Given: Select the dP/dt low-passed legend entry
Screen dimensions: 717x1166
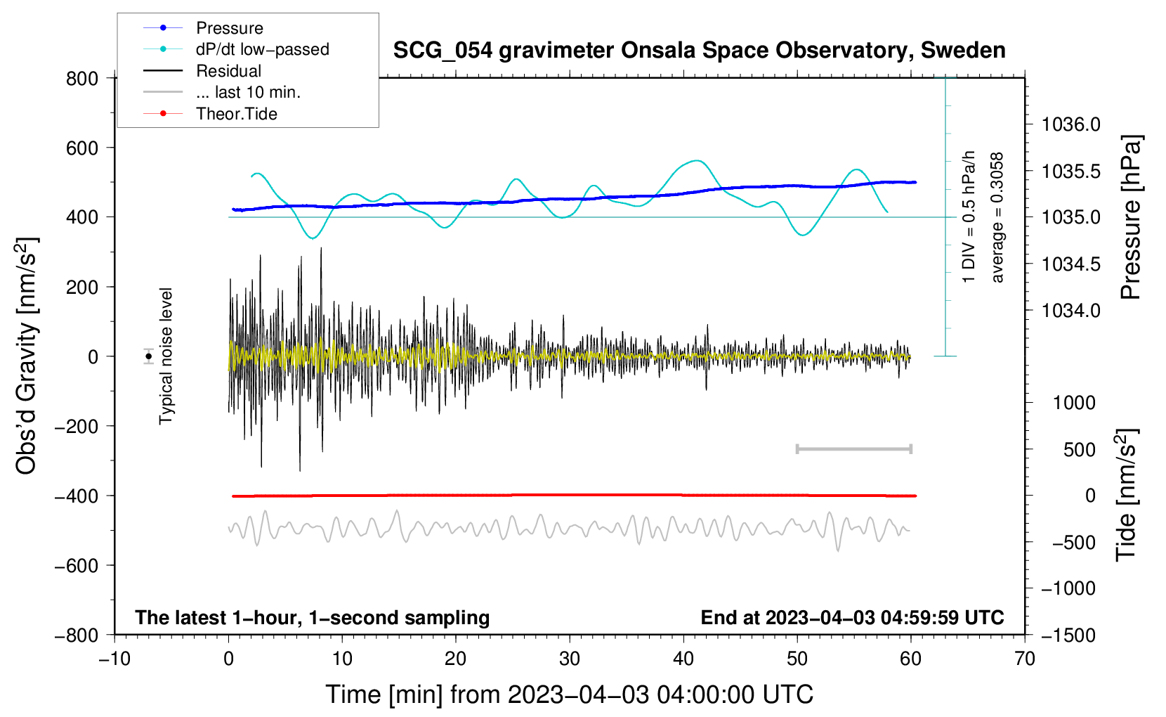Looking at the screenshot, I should (262, 49).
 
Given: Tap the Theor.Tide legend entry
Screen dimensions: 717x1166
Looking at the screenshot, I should (236, 114).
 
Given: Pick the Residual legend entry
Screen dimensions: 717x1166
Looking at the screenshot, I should (228, 71).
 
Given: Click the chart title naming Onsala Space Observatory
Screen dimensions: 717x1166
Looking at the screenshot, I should (699, 51).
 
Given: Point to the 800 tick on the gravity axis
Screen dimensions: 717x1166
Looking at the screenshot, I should (82, 79).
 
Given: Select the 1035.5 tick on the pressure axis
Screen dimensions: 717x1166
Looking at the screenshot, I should (1071, 172).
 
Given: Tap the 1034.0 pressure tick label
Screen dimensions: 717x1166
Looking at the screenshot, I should (1071, 311).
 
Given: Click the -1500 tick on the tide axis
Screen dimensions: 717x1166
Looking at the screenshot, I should (1068, 635).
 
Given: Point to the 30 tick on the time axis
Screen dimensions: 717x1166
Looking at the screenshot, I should (570, 659).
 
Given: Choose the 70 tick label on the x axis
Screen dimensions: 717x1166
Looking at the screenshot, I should (1025, 659).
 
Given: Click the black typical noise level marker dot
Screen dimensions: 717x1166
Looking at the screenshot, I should (149, 356).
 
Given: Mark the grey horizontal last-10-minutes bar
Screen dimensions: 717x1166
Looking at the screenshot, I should (853, 448).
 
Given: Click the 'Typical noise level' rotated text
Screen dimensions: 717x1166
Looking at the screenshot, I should (166, 356).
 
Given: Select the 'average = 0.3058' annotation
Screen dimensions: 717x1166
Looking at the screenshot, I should (997, 218).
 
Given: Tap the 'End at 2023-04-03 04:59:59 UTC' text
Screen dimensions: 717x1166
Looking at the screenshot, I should (852, 617).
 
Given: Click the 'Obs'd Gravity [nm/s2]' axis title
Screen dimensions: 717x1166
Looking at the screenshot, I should (26, 356).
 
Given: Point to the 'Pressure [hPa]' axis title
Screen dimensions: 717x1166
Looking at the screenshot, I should (1131, 218).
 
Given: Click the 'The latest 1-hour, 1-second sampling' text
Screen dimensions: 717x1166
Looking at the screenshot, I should (312, 617).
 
